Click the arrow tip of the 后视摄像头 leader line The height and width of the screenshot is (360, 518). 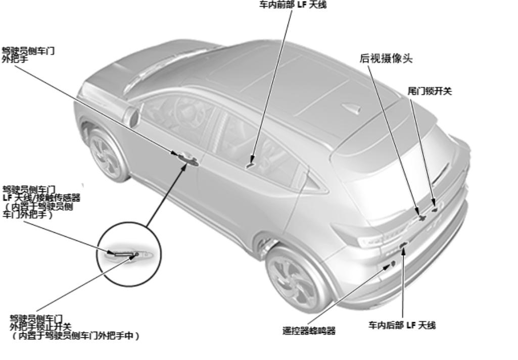(x=419, y=215)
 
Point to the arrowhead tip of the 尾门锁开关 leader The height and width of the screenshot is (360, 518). (x=434, y=207)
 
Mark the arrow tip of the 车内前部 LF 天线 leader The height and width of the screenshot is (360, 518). (x=252, y=164)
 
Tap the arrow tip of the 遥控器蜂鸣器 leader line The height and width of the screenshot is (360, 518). (x=391, y=265)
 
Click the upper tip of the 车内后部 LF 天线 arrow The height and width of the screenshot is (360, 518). (x=403, y=247)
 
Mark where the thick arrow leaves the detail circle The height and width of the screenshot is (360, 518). (x=147, y=227)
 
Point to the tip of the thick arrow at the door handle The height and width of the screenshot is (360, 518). (x=187, y=163)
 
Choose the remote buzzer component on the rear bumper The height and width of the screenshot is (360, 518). (x=393, y=264)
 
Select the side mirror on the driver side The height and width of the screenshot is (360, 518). (x=134, y=117)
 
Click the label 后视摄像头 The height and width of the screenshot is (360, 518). (x=386, y=59)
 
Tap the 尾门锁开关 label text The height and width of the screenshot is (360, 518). (x=430, y=91)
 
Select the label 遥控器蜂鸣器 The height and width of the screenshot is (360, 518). (x=309, y=331)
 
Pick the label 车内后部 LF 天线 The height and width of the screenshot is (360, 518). (x=402, y=325)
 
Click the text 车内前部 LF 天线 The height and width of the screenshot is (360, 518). (x=293, y=5)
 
